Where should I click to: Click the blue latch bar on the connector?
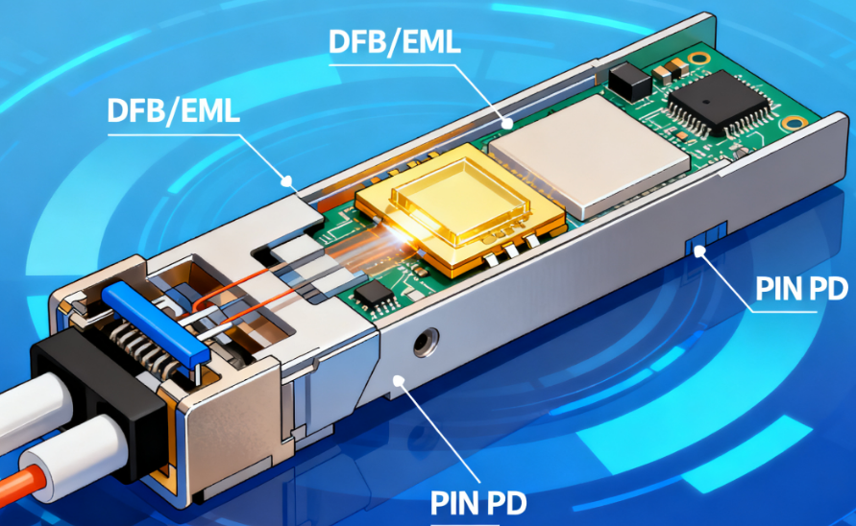click(x=156, y=323)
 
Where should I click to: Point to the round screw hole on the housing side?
click(x=426, y=342)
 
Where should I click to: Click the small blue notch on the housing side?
click(x=706, y=237)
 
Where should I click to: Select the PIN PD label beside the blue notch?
click(x=801, y=288)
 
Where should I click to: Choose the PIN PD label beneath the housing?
click(x=478, y=502)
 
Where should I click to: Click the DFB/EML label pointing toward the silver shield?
click(x=394, y=41)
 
